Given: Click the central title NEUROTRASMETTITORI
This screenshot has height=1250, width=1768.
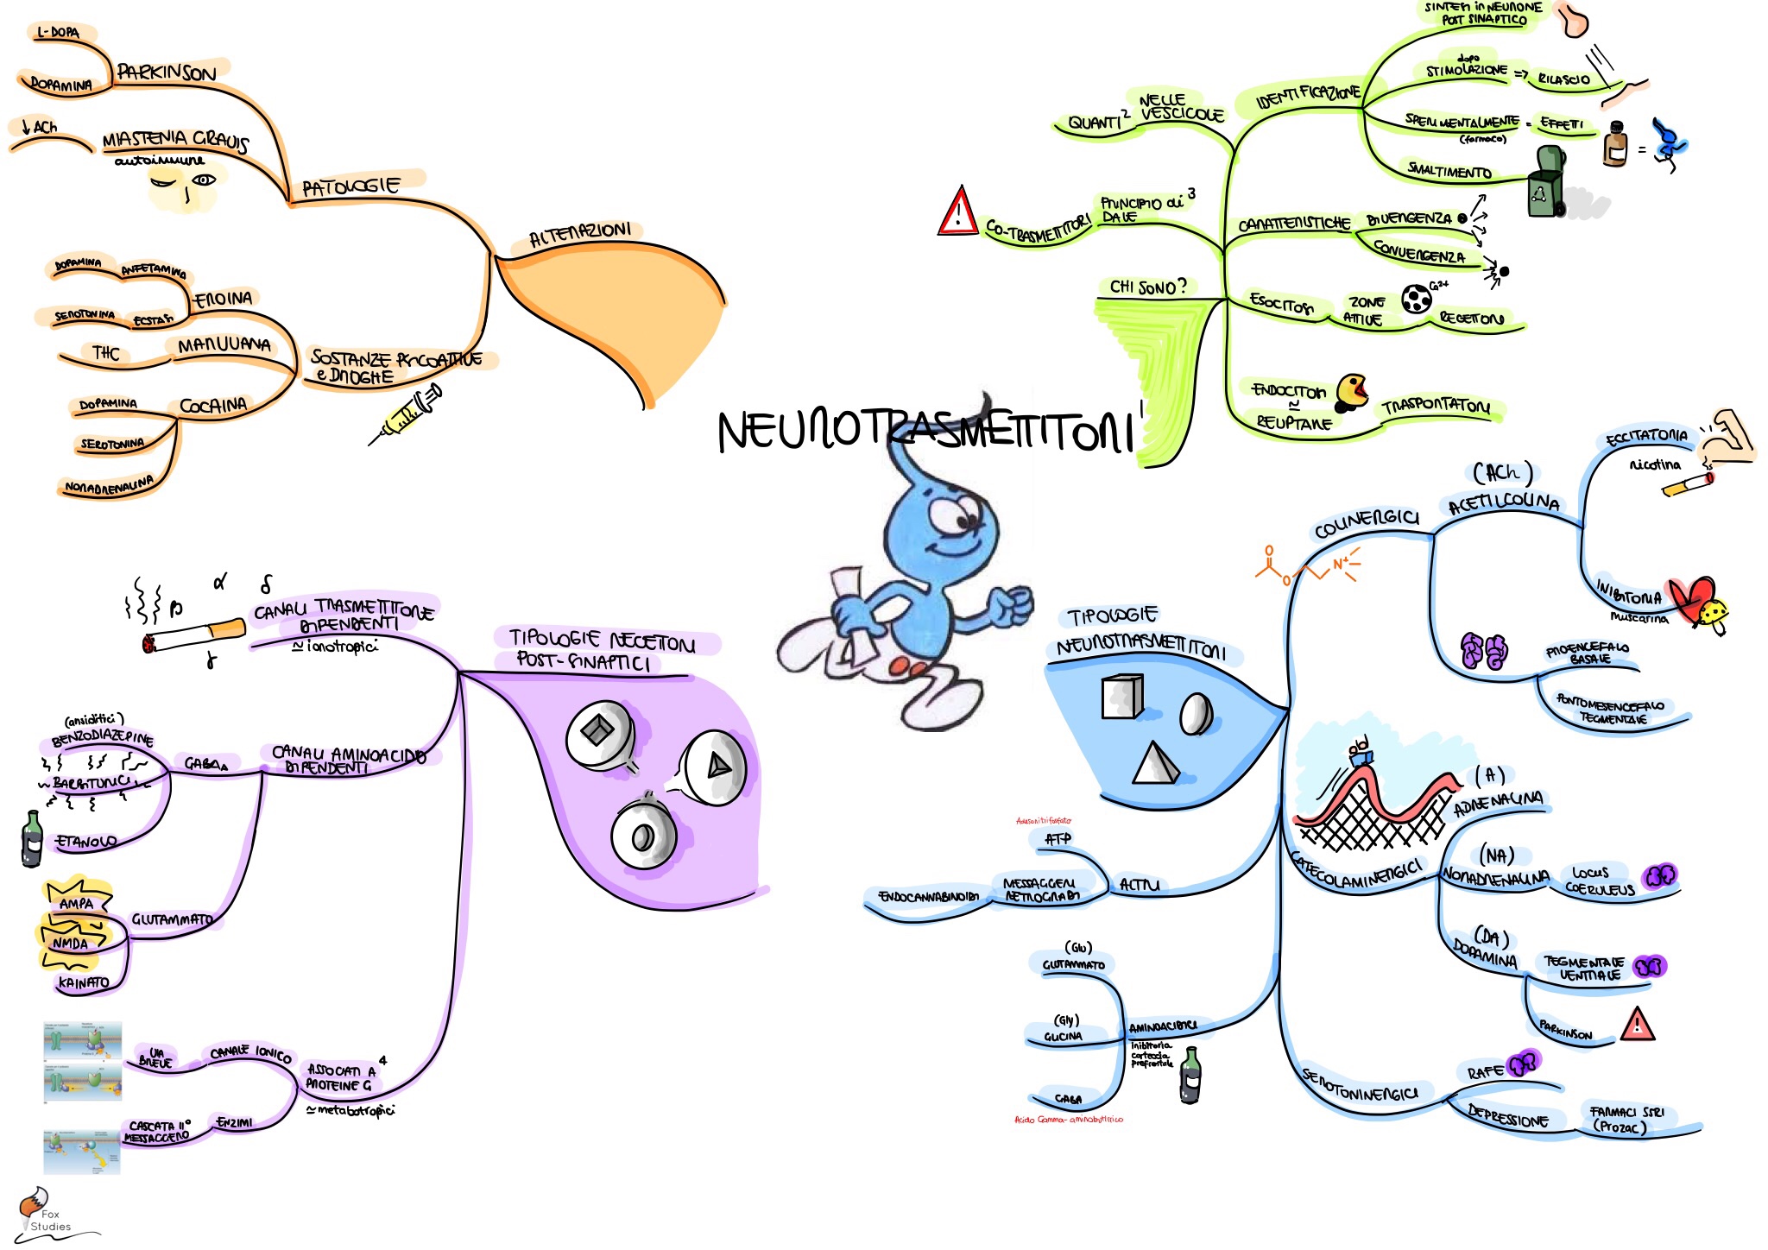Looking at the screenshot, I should point(924,430).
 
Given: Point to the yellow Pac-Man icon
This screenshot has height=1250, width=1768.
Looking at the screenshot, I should point(1352,391).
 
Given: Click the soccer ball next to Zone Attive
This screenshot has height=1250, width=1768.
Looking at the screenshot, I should point(1416,299).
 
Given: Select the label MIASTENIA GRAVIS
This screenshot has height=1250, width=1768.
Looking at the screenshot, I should point(174,140).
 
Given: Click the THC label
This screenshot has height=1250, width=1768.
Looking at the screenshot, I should point(105,353).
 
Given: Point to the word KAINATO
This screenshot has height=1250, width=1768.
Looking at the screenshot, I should point(84,982).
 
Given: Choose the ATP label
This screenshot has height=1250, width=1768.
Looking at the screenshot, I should point(1058,838).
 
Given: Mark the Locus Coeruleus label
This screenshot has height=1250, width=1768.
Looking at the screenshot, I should point(1600,881).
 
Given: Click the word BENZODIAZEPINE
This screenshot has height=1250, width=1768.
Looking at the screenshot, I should point(103,739).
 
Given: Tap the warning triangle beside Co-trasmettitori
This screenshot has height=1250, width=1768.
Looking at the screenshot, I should point(957,212).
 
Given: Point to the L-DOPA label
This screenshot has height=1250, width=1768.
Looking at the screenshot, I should point(59,33).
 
